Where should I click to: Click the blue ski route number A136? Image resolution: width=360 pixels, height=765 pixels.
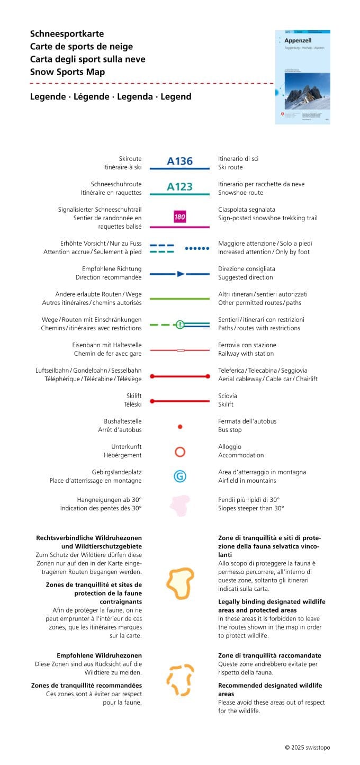[x=179, y=161]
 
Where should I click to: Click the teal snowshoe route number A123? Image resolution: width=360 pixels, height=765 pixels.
[x=179, y=186]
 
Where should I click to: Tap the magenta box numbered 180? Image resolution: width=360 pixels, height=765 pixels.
[x=179, y=217]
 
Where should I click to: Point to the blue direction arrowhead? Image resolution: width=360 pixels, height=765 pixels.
[x=181, y=274]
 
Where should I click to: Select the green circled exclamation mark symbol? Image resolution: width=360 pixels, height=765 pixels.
[x=180, y=325]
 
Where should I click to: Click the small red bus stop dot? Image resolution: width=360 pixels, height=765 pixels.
[x=180, y=426]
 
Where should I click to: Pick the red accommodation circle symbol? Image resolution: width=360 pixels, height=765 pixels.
[x=180, y=452]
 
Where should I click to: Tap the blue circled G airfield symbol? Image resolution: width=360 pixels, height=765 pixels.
[x=180, y=476]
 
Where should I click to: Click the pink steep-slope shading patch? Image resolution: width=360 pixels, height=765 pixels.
[x=180, y=506]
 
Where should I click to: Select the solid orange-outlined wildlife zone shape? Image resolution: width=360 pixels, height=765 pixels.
[x=180, y=583]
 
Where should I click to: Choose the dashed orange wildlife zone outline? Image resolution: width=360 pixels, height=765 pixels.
[x=180, y=680]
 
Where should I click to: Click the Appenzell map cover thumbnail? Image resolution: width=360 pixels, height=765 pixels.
[x=302, y=77]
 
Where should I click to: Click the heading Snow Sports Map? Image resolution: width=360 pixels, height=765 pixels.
[x=67, y=72]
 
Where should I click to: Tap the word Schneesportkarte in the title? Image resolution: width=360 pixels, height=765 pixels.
[x=67, y=34]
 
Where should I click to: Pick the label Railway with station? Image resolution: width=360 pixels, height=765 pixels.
[x=246, y=354]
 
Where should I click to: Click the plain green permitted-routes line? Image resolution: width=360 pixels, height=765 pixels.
[x=180, y=299]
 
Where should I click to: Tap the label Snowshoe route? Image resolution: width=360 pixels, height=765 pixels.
[x=240, y=193]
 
